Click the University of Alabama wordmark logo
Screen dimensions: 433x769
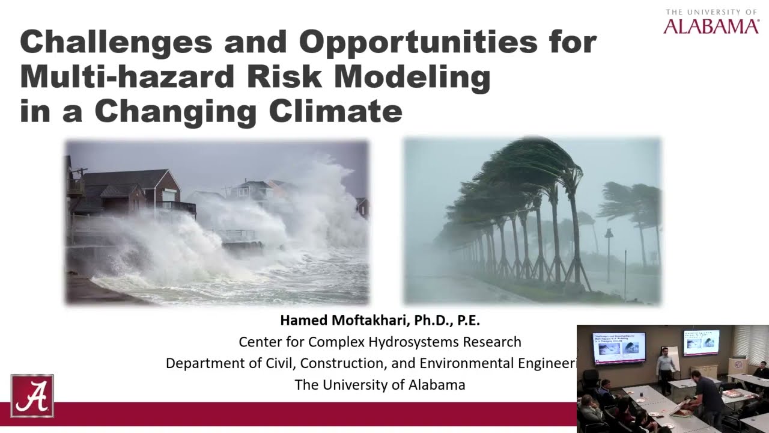click(711, 22)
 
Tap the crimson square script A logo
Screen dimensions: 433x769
click(32, 396)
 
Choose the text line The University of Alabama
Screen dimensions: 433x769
click(380, 385)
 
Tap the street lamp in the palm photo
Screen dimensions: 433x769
click(609, 247)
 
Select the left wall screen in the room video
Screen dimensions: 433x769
click(619, 348)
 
